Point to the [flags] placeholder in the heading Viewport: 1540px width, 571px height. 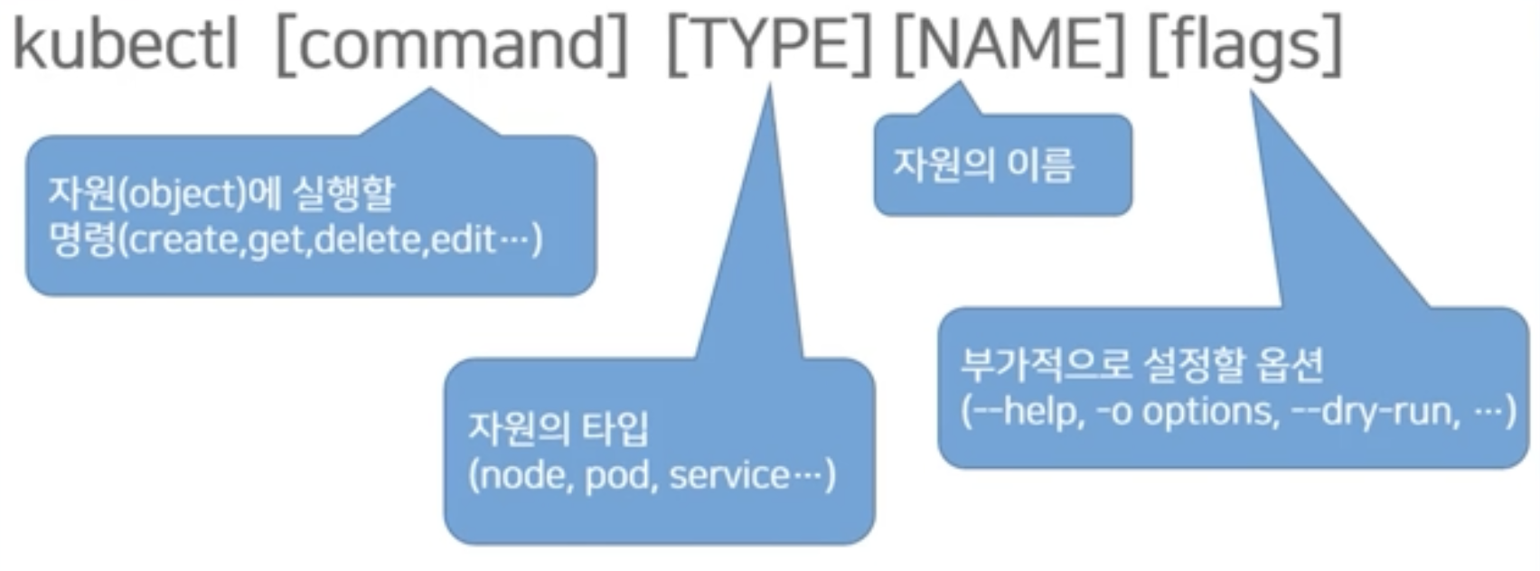pyautogui.click(x=1245, y=45)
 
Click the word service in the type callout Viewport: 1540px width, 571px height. pyautogui.click(x=728, y=475)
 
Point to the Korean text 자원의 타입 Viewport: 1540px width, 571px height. pyautogui.click(x=559, y=428)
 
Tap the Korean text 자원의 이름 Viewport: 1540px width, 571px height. pyautogui.click(x=984, y=165)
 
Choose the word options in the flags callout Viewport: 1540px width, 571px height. pyautogui.click(x=1210, y=412)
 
